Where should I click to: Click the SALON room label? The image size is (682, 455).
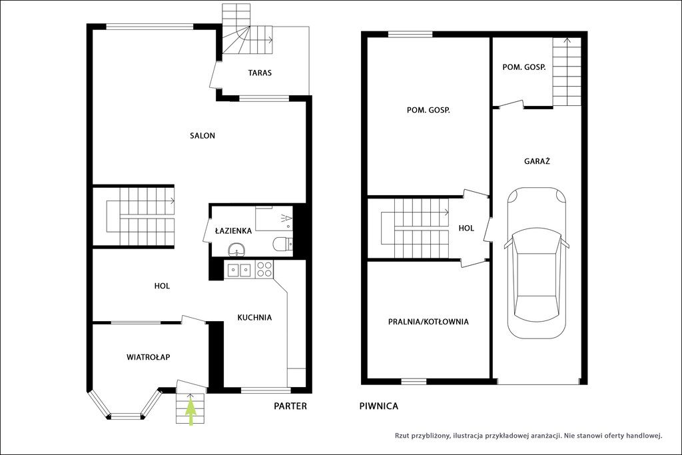pos(202,136)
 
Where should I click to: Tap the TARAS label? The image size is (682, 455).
pos(260,73)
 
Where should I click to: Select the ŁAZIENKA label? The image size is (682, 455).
pos(234,230)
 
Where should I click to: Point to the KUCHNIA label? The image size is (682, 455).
pos(254,318)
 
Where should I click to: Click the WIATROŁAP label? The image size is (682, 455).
pos(148,357)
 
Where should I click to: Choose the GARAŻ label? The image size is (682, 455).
pos(537,161)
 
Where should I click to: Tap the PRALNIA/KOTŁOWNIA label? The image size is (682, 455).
pos(428,322)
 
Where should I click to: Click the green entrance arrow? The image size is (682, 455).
pos(191,411)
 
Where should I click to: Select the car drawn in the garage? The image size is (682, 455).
pos(537,262)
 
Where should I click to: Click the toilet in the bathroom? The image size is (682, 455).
pos(282,244)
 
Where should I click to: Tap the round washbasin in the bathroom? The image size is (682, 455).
pos(236,250)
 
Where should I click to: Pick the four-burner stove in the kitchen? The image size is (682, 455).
pos(264,269)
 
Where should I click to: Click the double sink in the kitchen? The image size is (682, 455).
pos(240,270)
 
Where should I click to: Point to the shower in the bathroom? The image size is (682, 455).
pos(274,219)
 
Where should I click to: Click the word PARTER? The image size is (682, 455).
pos(290,406)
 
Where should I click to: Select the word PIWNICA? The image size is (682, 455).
pos(379,406)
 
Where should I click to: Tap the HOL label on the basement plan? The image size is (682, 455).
pos(466,228)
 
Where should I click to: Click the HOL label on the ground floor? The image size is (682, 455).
pos(162,286)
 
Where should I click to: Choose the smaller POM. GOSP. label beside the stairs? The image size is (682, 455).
pos(523,67)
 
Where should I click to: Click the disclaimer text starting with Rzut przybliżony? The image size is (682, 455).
pos(528,436)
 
